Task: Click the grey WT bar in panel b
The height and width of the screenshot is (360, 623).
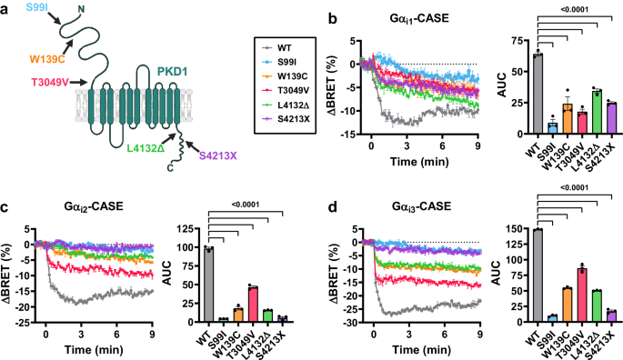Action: click(538, 94)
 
